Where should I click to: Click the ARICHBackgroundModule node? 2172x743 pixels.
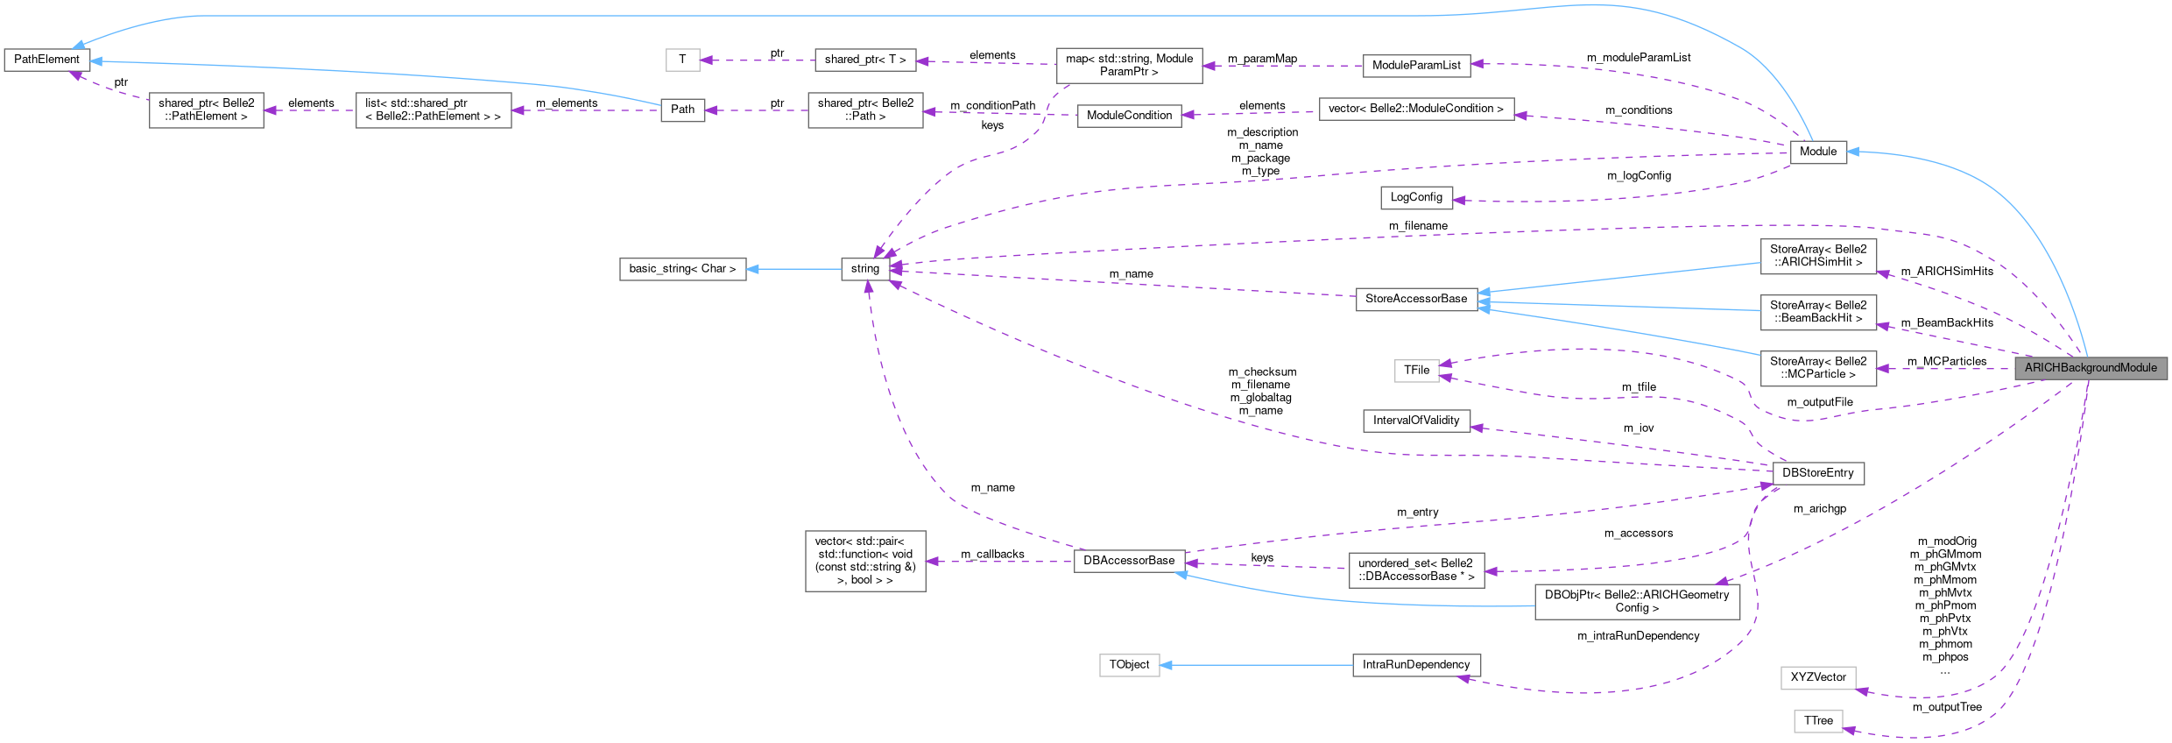tap(2091, 368)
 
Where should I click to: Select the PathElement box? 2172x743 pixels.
tap(46, 60)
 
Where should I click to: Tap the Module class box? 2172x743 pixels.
tap(1818, 152)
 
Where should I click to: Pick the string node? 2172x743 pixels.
tap(864, 269)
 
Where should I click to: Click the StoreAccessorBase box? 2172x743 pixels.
tap(1415, 299)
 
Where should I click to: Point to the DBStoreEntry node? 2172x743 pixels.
tap(1817, 473)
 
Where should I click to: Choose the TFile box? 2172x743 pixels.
tap(1416, 371)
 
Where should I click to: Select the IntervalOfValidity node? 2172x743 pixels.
tap(1415, 421)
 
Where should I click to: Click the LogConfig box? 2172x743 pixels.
tap(1415, 197)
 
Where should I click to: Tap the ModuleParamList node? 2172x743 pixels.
tap(1415, 65)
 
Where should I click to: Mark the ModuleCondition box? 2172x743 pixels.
tap(1129, 116)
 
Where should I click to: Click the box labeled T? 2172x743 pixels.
tap(682, 60)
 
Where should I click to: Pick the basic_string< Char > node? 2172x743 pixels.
tap(682, 269)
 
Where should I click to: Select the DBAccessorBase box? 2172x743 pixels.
tap(1129, 561)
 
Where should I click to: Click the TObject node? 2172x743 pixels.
tap(1129, 665)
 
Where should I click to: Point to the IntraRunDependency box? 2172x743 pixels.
tap(1415, 665)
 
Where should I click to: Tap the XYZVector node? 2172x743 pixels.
tap(1818, 677)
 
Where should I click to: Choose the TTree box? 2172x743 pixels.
tap(1818, 721)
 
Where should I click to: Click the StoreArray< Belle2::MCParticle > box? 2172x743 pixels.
tap(1818, 368)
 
